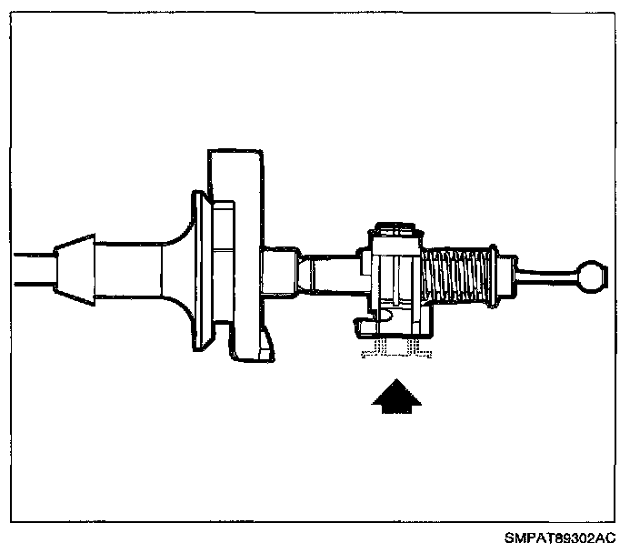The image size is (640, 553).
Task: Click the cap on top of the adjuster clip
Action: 395,227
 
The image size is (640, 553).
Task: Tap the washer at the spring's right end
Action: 492,275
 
